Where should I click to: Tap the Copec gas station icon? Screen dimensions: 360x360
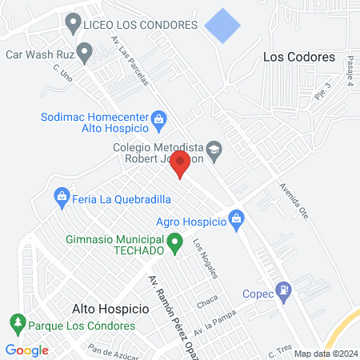[x=282, y=290]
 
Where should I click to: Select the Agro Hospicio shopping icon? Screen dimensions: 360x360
[x=236, y=218]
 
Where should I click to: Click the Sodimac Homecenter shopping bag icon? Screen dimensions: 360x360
[x=158, y=121]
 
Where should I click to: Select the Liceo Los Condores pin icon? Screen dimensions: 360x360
[x=74, y=24]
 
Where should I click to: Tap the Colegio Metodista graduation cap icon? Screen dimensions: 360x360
[x=214, y=149]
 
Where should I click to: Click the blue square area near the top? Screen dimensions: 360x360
[x=222, y=26]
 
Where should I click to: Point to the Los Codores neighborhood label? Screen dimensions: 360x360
[x=298, y=58]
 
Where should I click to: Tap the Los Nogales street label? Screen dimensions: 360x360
[x=205, y=258]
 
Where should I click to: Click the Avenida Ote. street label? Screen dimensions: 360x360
[x=293, y=203]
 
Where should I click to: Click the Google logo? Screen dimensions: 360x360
[x=26, y=350]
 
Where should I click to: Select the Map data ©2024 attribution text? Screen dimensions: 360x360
[x=324, y=354]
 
